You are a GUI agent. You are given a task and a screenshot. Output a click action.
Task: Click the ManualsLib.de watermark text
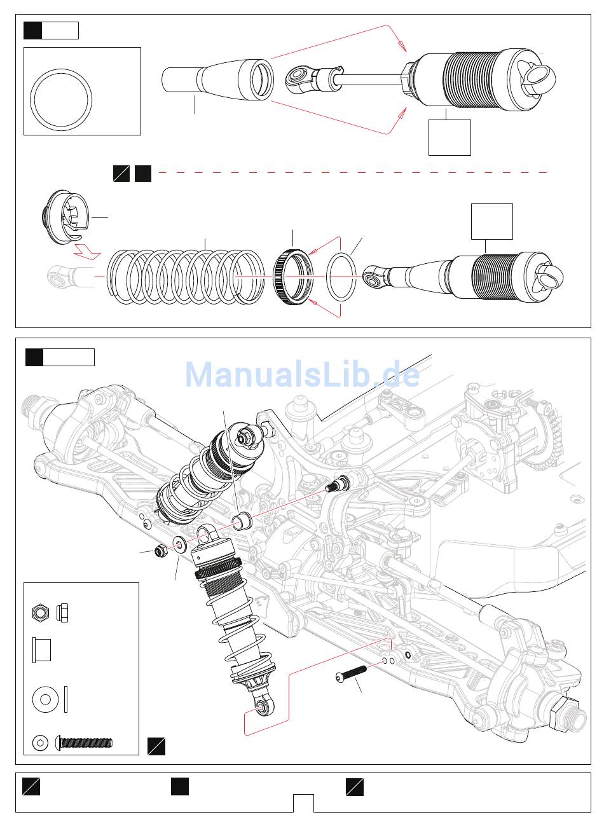point(302,374)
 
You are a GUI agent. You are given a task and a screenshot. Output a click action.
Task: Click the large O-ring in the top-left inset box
point(61,100)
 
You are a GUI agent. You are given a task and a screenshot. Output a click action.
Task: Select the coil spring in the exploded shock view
point(186,277)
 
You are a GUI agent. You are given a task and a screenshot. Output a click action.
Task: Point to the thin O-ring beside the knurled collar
point(341,277)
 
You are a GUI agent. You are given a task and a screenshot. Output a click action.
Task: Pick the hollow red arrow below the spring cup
point(87,251)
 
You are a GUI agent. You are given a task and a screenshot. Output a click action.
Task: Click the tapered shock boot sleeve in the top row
point(218,79)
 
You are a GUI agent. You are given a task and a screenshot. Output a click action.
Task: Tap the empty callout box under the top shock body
point(450,137)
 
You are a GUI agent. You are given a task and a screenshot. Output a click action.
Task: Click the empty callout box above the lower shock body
point(492,221)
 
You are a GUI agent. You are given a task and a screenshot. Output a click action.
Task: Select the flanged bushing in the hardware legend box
point(41,650)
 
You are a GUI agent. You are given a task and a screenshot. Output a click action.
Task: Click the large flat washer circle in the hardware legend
point(45,699)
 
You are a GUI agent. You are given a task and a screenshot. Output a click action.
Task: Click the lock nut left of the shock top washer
point(160,551)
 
